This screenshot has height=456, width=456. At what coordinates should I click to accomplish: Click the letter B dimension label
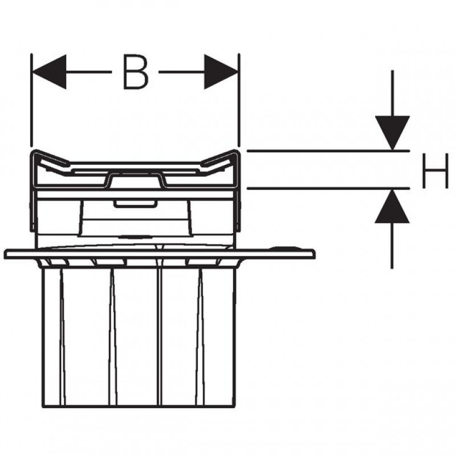click(136, 72)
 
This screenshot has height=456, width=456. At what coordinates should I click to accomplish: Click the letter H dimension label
click(435, 170)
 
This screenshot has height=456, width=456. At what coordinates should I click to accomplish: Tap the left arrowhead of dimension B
click(49, 72)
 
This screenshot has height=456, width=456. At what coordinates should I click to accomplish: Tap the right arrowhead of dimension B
click(221, 72)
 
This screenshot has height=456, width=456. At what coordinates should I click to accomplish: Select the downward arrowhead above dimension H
click(392, 133)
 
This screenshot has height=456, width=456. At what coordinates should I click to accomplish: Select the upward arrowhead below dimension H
click(392, 206)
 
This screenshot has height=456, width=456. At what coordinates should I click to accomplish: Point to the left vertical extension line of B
click(31, 100)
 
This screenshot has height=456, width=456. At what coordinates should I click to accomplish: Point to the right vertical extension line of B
click(239, 100)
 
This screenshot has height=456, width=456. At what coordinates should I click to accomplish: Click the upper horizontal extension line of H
click(328, 151)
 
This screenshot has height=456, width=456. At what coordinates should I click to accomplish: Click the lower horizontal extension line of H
click(328, 189)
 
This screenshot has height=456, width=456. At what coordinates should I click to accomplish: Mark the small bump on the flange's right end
click(283, 247)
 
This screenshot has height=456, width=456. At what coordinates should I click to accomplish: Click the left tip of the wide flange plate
click(5, 254)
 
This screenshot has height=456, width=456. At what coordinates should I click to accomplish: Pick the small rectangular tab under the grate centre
click(134, 204)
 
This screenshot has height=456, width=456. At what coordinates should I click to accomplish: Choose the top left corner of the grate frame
click(32, 152)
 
